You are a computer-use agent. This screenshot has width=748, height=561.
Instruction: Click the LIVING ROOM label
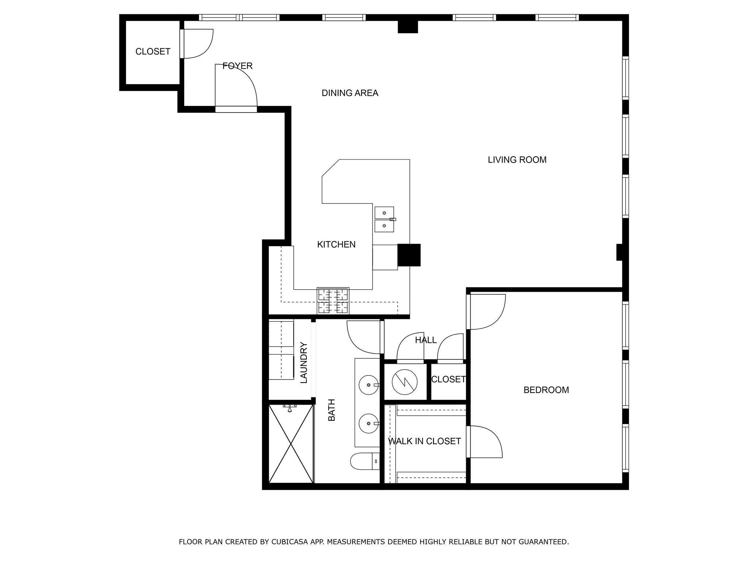tap(517, 160)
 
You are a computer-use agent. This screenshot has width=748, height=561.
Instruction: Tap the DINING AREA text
tap(350, 93)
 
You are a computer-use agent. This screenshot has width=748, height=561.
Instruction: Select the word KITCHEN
tap(336, 244)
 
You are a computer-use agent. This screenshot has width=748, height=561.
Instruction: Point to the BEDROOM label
tap(546, 390)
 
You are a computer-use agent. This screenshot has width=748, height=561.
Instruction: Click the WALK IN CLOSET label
tap(424, 441)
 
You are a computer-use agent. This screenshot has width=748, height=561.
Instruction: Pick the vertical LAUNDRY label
tap(304, 362)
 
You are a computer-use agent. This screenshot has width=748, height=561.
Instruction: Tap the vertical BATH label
tap(332, 410)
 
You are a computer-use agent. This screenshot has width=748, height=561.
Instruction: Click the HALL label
tap(425, 340)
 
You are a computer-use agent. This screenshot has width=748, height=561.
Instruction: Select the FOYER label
tap(237, 66)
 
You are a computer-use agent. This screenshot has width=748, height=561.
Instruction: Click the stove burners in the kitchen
tap(333, 301)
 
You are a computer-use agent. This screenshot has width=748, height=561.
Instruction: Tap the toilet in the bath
tap(365, 461)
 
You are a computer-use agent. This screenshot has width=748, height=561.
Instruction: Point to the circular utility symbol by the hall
tap(404, 382)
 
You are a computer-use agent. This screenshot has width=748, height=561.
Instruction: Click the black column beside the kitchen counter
tap(409, 255)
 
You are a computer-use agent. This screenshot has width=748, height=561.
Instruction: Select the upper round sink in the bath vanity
tap(368, 385)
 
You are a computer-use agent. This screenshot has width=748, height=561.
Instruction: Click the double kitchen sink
tap(384, 219)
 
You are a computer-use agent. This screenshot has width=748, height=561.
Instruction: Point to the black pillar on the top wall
tap(408, 27)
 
